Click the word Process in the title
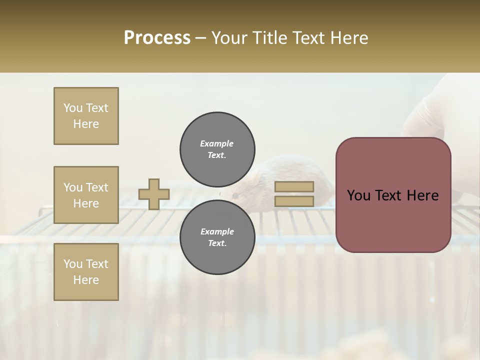pyautogui.click(x=157, y=38)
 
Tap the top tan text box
pyautogui.click(x=86, y=116)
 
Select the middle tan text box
pyautogui.click(x=86, y=195)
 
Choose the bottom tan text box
pyautogui.click(x=86, y=272)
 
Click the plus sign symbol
pyautogui.click(x=154, y=194)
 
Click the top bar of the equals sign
pyautogui.click(x=294, y=186)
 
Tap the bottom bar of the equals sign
pyautogui.click(x=294, y=201)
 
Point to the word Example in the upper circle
pyautogui.click(x=217, y=143)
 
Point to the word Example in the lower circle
pyautogui.click(x=217, y=231)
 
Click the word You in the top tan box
pyautogui.click(x=72, y=108)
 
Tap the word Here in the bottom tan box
pyautogui.click(x=86, y=280)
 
